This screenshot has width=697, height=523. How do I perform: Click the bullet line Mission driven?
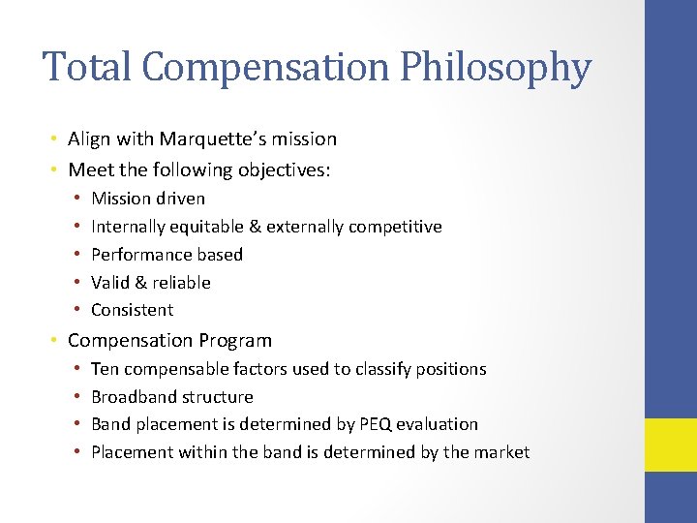pyautogui.click(x=148, y=199)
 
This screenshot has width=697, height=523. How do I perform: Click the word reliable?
pyautogui.click(x=181, y=283)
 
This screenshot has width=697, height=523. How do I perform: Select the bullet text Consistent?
pyautogui.click(x=132, y=310)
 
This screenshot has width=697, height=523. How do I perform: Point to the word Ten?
pyautogui.click(x=104, y=369)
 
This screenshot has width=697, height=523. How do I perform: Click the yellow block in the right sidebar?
pyautogui.click(x=670, y=445)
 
